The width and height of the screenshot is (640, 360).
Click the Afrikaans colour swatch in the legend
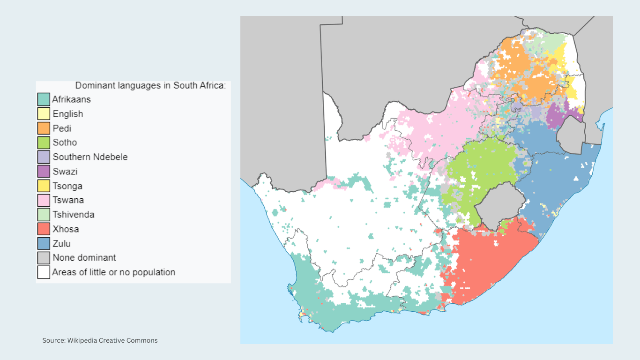(44, 99)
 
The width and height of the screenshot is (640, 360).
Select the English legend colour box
(44, 114)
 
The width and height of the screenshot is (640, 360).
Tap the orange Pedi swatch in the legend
(44, 128)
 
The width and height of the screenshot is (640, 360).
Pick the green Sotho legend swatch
(44, 142)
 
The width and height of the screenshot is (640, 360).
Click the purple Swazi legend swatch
(44, 172)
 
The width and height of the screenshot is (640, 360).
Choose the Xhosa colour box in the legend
(44, 229)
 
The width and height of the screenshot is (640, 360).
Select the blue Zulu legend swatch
(44, 244)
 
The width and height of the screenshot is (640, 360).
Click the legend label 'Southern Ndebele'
(90, 157)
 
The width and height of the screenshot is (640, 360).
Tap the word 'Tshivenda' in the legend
(73, 215)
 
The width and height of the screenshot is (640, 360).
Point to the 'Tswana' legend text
(68, 200)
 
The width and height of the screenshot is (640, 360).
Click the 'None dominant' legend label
(84, 258)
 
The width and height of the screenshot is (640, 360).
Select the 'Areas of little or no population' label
(114, 272)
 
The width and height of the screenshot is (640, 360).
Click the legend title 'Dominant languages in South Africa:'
(150, 86)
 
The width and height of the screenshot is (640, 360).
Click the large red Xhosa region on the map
(487, 262)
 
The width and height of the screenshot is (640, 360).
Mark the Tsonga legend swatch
(44, 186)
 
